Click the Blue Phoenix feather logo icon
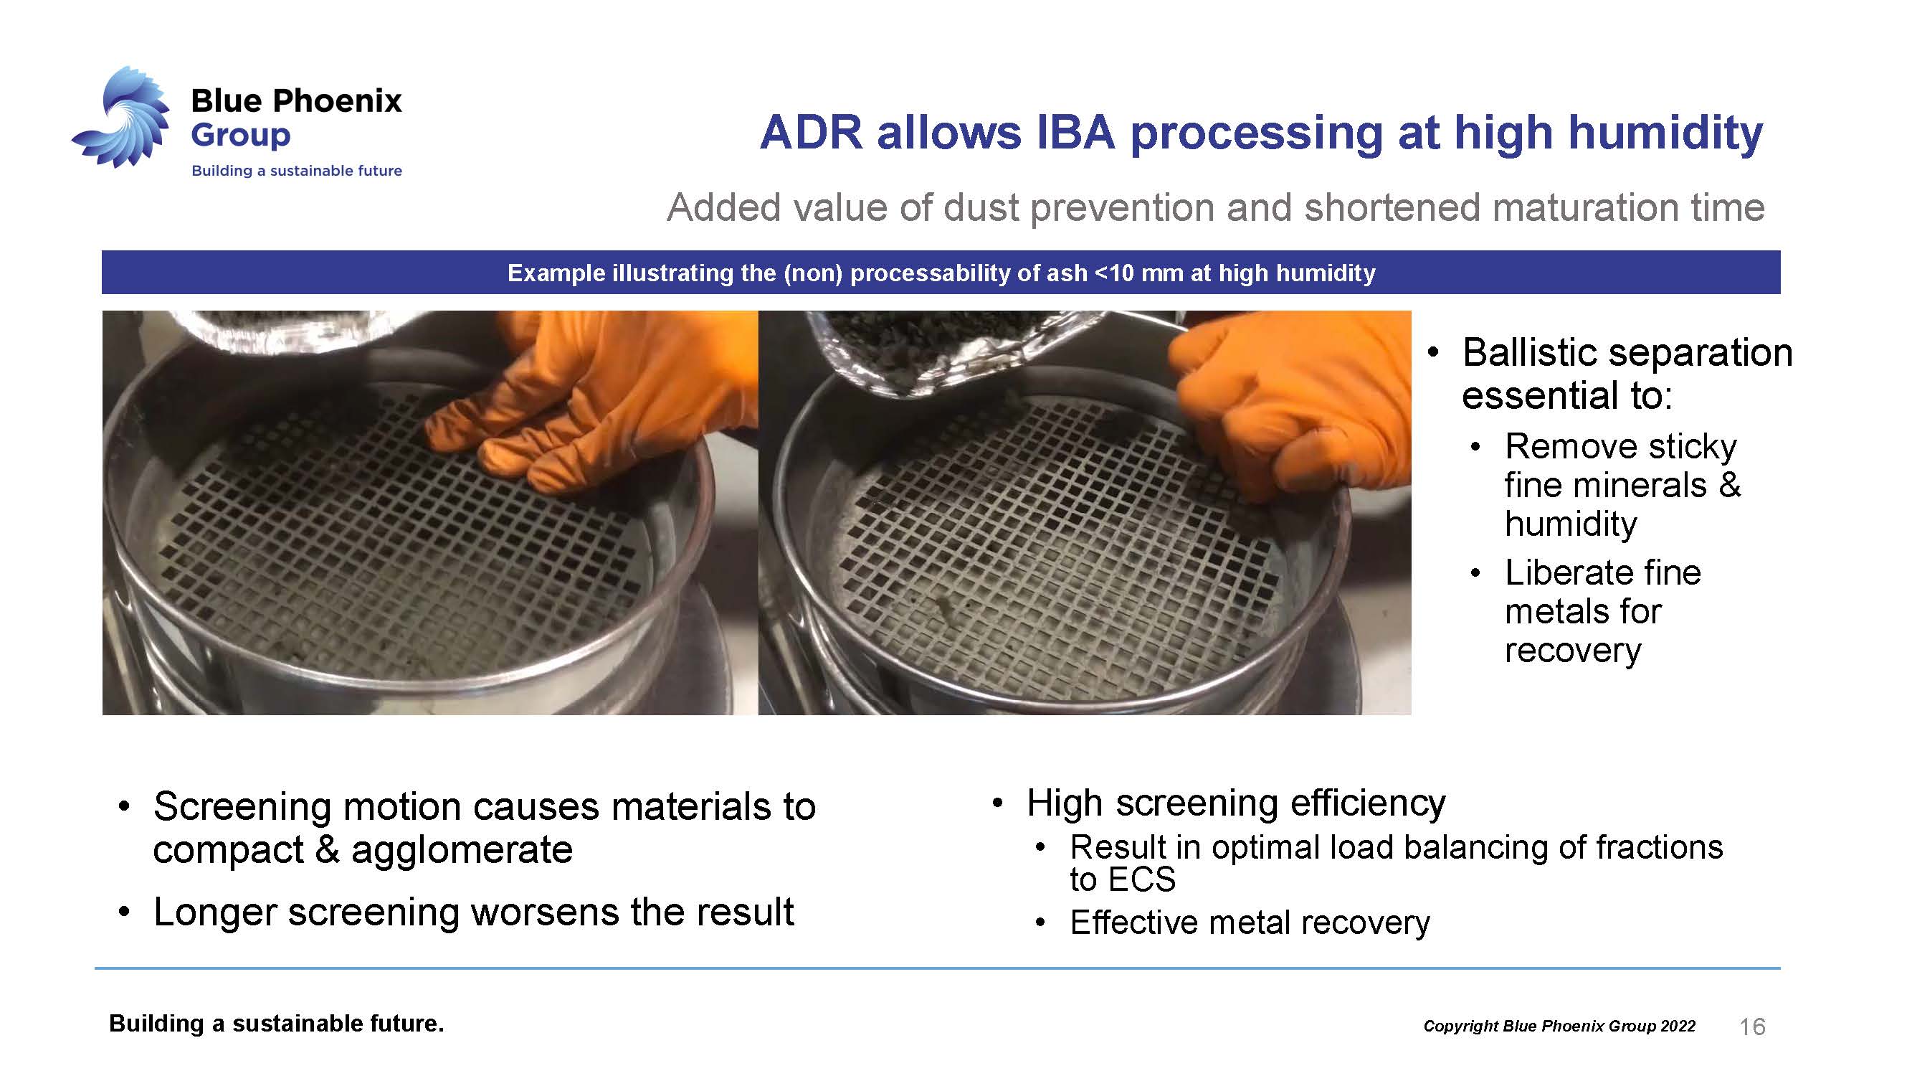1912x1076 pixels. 123,118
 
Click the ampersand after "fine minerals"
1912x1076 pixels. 1729,486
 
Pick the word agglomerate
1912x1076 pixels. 462,851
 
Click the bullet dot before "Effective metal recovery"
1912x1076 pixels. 1041,924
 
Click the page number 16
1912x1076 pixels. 1752,1027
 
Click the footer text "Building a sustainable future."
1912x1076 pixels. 276,1024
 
